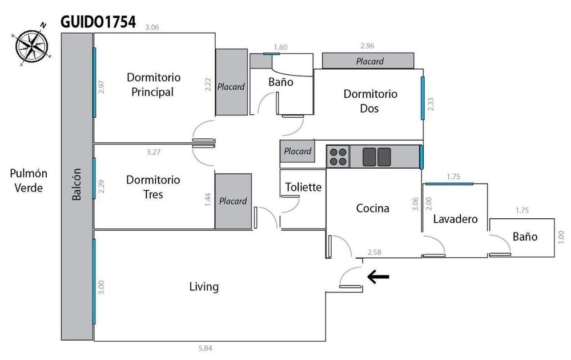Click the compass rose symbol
tap(31, 45)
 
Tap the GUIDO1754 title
tap(98, 22)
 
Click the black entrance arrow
tap(378, 277)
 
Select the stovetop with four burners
tap(338, 157)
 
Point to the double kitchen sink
tap(376, 157)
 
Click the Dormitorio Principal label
tap(153, 85)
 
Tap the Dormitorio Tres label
tap(153, 187)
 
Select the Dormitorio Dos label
tap(370, 101)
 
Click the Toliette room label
tap(303, 187)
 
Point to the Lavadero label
tap(455, 219)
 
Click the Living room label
tap(204, 287)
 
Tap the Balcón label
tap(77, 184)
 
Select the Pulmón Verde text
tap(29, 181)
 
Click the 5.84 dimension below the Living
tap(205, 349)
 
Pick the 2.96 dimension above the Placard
tap(367, 46)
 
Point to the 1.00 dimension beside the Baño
tap(561, 237)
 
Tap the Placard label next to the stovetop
tap(297, 151)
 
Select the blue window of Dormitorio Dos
tap(423, 98)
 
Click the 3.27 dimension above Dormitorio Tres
tap(153, 152)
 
